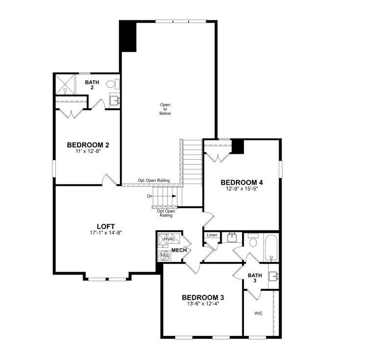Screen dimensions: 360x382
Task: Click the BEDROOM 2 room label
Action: [x=88, y=145]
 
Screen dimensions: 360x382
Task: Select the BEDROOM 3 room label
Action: [x=203, y=297]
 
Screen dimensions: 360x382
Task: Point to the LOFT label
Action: [x=106, y=226]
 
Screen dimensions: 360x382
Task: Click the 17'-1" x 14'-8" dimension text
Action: [x=106, y=233]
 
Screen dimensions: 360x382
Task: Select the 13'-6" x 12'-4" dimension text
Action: [x=203, y=304]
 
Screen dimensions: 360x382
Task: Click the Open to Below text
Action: [x=165, y=109]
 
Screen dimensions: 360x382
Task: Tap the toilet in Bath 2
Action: [x=111, y=84]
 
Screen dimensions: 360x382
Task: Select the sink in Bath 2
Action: [x=115, y=101]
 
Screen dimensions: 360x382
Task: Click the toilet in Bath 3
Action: [x=253, y=241]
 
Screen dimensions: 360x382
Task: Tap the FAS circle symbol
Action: [x=164, y=256]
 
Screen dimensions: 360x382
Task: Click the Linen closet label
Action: [x=212, y=235]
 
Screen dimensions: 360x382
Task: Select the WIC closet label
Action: [x=258, y=313]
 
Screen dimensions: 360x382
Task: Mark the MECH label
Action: [x=179, y=250]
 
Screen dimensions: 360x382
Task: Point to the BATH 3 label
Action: [x=255, y=278]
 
